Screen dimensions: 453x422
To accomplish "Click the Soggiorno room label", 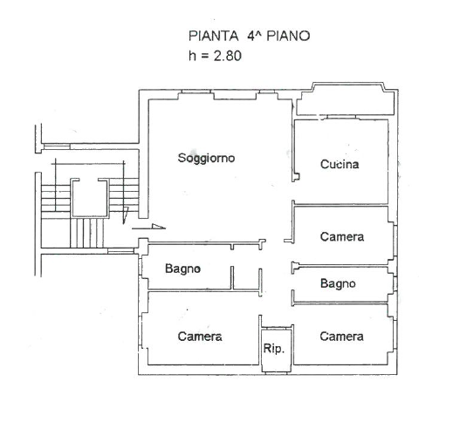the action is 206,158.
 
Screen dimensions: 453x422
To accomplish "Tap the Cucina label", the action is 340,164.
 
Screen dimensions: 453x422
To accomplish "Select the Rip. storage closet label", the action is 274,348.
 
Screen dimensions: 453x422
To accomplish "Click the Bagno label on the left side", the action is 182,269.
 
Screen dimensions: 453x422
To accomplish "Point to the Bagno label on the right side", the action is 338,283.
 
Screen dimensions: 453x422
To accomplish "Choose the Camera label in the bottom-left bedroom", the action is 200,337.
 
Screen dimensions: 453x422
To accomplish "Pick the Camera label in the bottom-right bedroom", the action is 341,337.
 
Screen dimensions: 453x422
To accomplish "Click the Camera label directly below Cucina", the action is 342,236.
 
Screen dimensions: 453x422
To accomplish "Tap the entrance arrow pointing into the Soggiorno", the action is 148,228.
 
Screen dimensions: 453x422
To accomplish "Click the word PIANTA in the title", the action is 214,36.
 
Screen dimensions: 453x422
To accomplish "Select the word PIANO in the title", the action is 288,36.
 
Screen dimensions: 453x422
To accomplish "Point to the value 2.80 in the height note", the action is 228,56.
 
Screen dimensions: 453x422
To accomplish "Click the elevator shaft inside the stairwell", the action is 90,198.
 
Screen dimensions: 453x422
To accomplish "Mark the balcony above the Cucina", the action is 346,99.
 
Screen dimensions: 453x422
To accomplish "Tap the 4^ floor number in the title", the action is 254,36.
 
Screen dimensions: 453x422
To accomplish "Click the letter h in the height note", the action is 192,56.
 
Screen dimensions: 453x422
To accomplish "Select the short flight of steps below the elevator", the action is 87,233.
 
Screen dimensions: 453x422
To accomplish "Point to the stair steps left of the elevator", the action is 56,198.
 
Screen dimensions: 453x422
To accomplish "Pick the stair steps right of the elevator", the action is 124,194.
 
